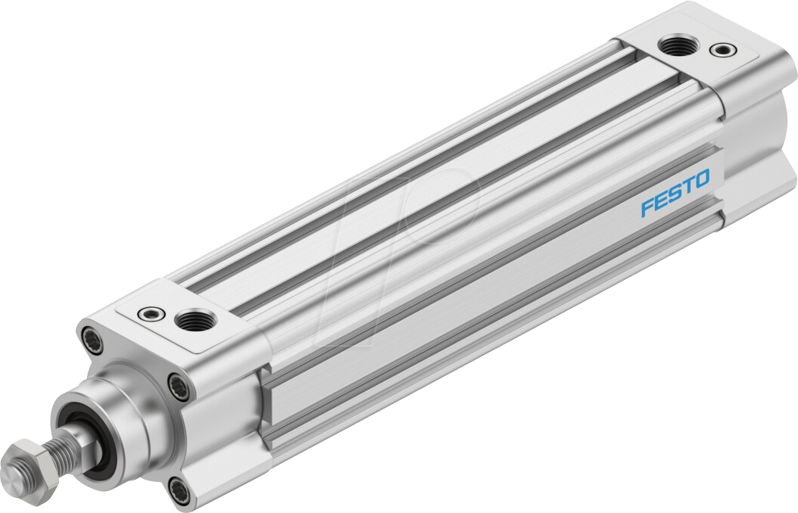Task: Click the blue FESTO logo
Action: coord(675,193)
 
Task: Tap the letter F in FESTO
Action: coord(647,206)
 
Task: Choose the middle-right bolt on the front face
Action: coord(179,387)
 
